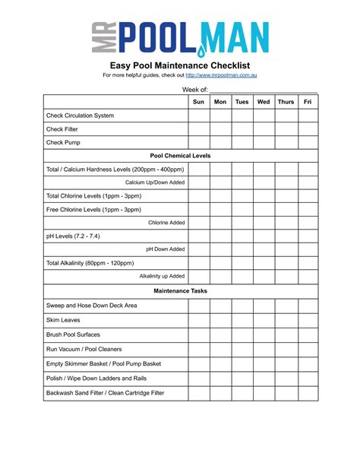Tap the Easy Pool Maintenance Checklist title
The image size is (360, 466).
click(180, 65)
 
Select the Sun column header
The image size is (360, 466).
click(199, 101)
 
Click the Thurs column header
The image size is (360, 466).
click(286, 101)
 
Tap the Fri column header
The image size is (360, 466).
click(308, 101)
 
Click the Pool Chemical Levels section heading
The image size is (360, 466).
click(181, 156)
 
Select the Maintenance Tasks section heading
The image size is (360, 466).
click(181, 290)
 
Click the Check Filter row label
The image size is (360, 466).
click(63, 129)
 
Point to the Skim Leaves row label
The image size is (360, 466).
click(63, 320)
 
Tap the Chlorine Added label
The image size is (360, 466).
click(166, 223)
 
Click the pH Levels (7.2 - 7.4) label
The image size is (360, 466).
click(72, 236)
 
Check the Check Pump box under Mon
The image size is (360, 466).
click(220, 142)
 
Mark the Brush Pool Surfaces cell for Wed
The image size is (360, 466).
click(264, 334)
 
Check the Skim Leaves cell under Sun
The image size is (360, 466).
click(199, 320)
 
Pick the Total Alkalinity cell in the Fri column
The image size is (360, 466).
click(308, 263)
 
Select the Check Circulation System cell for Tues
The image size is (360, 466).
click(242, 116)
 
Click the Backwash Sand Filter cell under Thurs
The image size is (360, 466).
click(286, 393)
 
